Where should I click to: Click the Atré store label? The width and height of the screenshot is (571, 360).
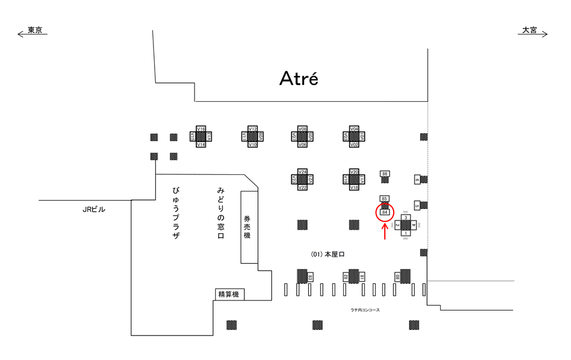pos(299,78)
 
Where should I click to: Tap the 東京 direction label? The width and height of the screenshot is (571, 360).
pos(34,30)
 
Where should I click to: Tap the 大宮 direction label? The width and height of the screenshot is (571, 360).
pos(529,30)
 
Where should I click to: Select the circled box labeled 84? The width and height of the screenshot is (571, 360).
pos(385,212)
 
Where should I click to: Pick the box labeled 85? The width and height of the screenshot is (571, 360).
pos(385,198)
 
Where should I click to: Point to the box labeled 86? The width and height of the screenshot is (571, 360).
pos(385,174)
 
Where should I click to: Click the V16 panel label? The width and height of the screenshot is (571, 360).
pos(201,129)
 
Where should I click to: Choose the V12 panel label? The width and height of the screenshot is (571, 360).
pos(252,129)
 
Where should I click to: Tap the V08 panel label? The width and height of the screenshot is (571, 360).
pos(302,129)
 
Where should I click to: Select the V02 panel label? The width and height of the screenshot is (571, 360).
pos(354,145)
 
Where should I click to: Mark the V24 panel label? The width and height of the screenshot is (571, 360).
pos(302,172)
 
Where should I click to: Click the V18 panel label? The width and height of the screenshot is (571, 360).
pos(354,187)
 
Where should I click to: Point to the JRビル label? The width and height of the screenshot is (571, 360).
pos(94,209)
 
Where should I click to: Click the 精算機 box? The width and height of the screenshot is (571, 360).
pos(229,294)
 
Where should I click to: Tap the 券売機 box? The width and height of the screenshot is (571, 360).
pos(249,227)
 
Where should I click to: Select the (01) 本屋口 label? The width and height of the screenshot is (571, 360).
pos(328,254)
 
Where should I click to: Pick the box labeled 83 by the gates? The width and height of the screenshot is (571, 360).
pos(310,277)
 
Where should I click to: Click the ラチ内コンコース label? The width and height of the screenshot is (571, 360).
pos(365,309)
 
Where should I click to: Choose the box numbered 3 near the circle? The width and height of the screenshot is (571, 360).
pos(406,218)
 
